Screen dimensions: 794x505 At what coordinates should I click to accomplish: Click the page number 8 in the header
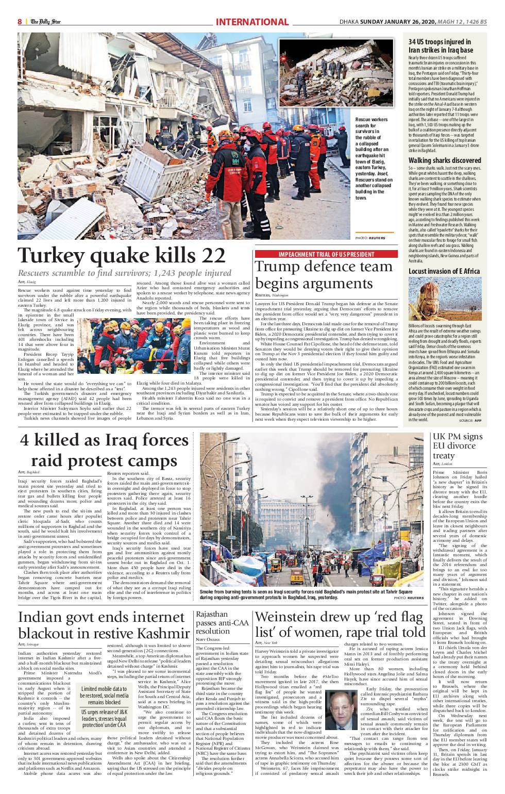tap(20, 22)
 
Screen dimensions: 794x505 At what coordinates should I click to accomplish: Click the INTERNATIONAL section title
tap(252, 22)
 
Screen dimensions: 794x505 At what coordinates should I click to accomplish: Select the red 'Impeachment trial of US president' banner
tap(326, 254)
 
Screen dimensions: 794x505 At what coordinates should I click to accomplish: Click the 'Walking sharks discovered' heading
tap(445, 160)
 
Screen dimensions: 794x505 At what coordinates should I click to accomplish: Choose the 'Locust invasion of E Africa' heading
tap(444, 271)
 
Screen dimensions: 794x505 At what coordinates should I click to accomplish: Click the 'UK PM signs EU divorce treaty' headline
tap(457, 445)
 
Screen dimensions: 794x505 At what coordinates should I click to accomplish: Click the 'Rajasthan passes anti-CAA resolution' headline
tap(219, 622)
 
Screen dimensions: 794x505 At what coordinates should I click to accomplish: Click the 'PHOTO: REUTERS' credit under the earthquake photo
tap(370, 238)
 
